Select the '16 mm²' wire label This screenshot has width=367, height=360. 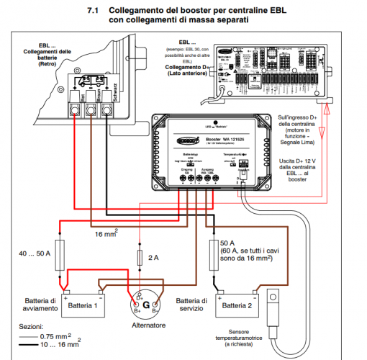[107, 234]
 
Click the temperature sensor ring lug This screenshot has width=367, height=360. [274, 297]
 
